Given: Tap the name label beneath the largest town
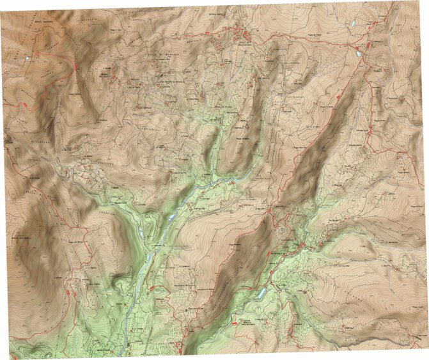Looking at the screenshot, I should coord(246,43).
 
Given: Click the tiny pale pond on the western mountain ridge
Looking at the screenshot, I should coord(27,59).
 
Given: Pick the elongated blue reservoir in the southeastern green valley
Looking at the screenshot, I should coord(263,292).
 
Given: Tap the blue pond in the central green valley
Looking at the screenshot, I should coord(171,219).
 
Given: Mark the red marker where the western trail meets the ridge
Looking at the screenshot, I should coord(75,67).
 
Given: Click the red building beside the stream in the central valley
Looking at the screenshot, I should coord(232,184).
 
